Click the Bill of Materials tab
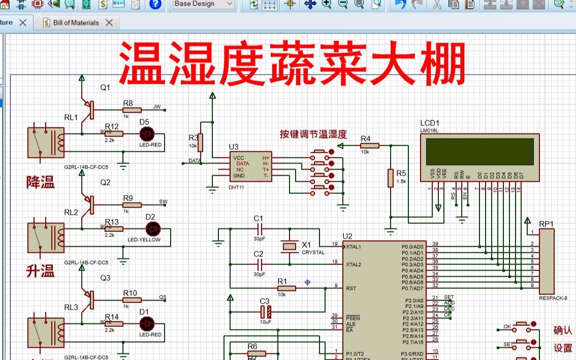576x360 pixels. [x=76, y=23]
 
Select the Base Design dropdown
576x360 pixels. [x=204, y=4]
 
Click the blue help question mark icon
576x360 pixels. [x=155, y=4]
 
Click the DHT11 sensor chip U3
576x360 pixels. [x=250, y=167]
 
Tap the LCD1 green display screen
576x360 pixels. [x=479, y=151]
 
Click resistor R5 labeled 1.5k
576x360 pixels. [x=391, y=178]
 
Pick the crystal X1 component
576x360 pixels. [x=289, y=247]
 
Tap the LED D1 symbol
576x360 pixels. [x=147, y=323]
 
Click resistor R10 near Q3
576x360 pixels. [x=132, y=301]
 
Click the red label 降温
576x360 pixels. [x=40, y=183]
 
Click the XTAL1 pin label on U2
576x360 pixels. [x=354, y=247]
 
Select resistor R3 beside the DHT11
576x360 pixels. [x=200, y=143]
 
